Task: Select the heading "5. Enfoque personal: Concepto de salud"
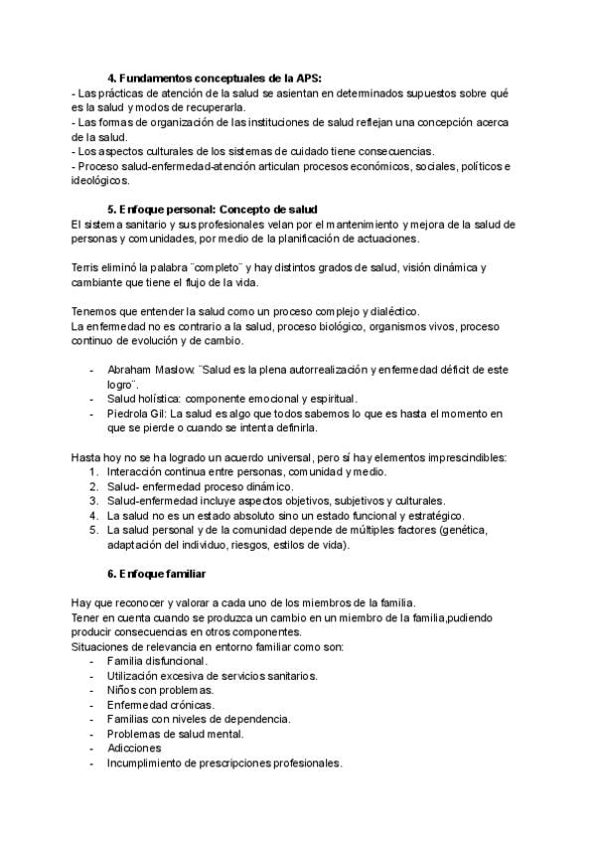tap(212, 210)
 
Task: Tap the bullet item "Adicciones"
tap(134, 749)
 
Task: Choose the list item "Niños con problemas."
tap(160, 690)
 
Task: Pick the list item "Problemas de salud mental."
tap(175, 734)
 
